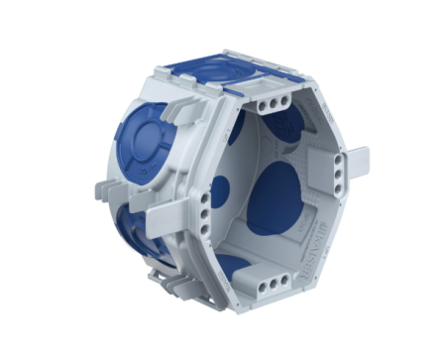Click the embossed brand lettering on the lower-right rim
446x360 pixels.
click(x=327, y=233)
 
